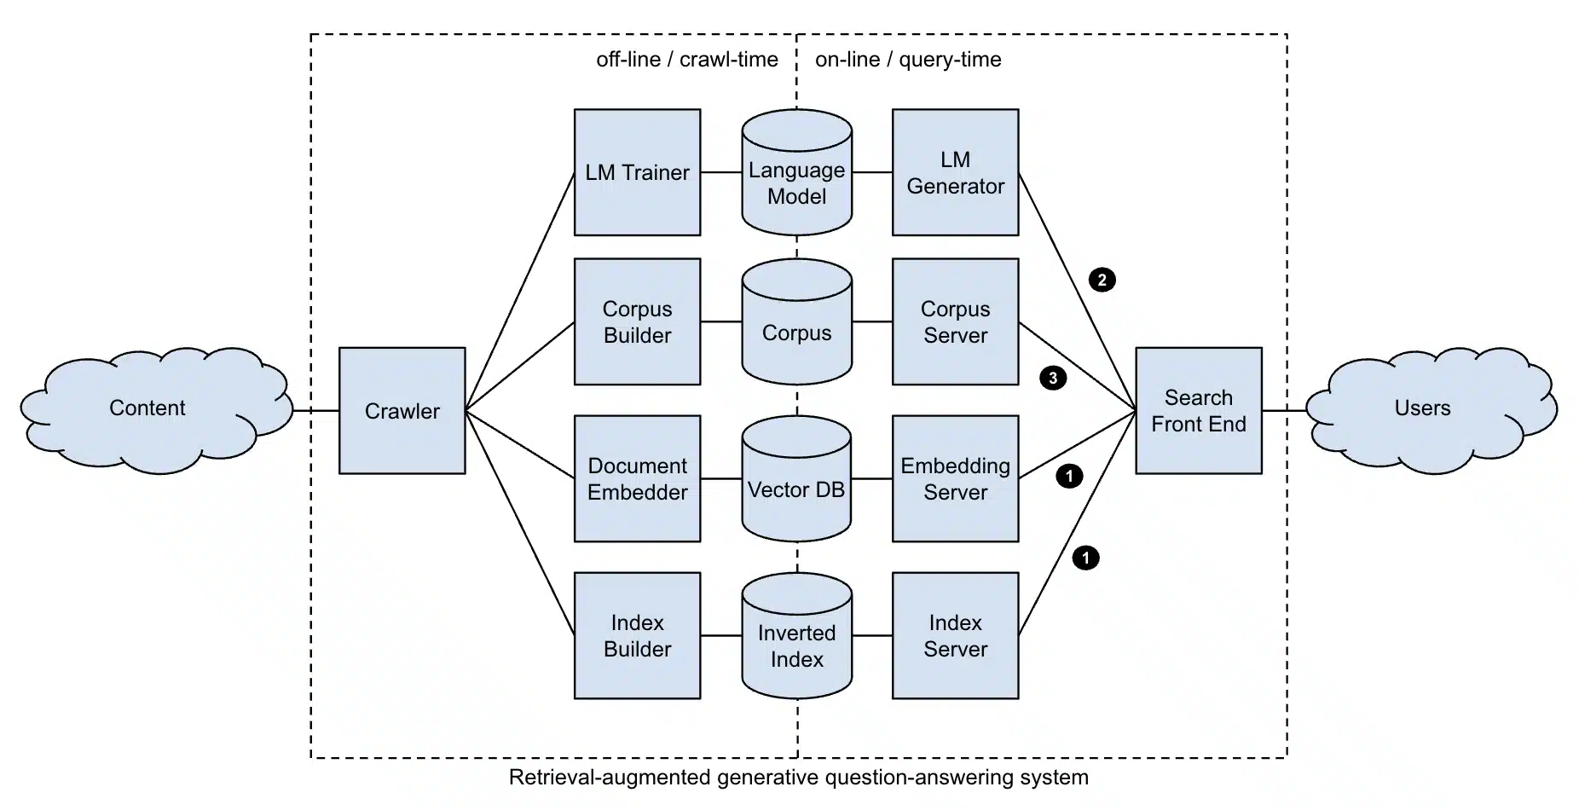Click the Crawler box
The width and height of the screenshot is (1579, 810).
click(x=402, y=410)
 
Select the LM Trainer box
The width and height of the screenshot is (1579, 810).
click(x=637, y=172)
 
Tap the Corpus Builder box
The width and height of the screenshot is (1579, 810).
click(x=637, y=321)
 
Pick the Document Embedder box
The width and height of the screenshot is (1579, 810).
click(x=637, y=478)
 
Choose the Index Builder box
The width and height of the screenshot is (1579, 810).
click(x=637, y=635)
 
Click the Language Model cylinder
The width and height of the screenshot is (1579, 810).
click(x=796, y=172)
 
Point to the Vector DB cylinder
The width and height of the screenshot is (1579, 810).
click(x=796, y=478)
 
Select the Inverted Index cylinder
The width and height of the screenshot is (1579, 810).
click(x=796, y=635)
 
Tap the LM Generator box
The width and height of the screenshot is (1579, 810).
click(x=955, y=172)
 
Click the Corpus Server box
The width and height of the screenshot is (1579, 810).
click(x=955, y=321)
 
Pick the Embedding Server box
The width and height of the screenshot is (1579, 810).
click(x=955, y=478)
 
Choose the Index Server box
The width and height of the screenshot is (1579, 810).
click(x=955, y=635)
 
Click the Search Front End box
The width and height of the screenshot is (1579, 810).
click(x=1199, y=410)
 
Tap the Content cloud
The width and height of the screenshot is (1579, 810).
click(x=153, y=409)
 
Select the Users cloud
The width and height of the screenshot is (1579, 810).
click(x=1432, y=409)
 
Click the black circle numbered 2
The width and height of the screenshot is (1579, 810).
click(x=1102, y=280)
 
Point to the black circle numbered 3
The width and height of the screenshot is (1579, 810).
click(x=1053, y=378)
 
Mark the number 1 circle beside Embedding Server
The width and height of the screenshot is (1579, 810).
click(x=1069, y=475)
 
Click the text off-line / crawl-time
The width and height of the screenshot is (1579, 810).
click(x=687, y=60)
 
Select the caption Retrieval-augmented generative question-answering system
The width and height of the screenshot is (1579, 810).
click(x=799, y=778)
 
